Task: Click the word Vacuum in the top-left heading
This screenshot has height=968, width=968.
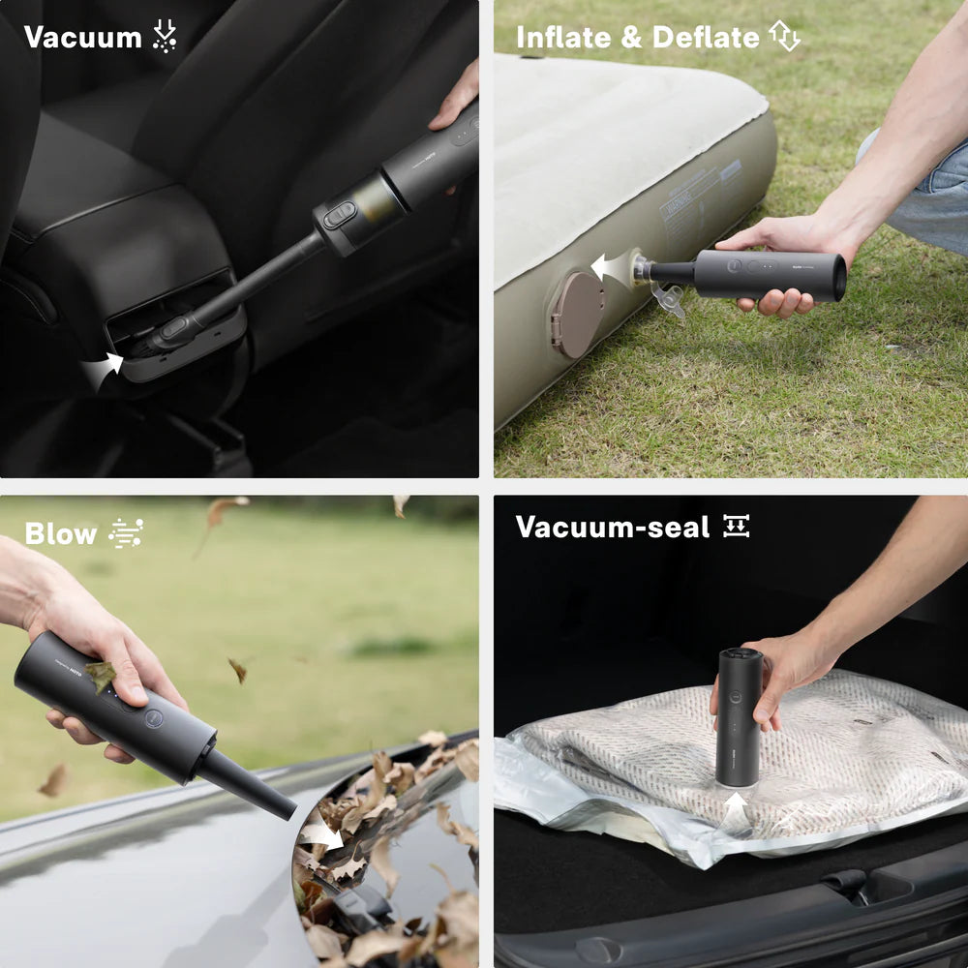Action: click(82, 38)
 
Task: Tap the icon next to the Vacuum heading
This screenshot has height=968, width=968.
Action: click(165, 37)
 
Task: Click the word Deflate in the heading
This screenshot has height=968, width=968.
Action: click(706, 38)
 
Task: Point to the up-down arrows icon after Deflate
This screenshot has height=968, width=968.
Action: click(784, 37)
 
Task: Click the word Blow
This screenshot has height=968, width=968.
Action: click(61, 533)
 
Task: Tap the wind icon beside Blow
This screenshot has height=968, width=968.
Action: click(126, 533)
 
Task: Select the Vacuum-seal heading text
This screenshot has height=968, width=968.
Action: click(612, 528)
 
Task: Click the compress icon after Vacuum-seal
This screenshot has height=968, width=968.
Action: click(737, 527)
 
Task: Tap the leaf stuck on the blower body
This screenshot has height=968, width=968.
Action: click(100, 674)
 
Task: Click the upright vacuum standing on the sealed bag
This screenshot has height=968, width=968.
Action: click(740, 716)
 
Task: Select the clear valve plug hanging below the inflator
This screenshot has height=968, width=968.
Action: click(669, 299)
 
